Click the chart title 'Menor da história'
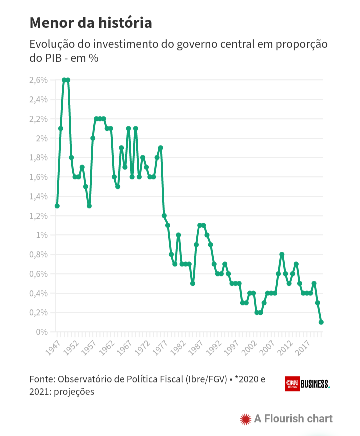click(91, 23)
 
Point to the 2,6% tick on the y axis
click(38, 80)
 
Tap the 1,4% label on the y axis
click(38, 196)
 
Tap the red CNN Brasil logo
click(292, 384)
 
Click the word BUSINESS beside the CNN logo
click(315, 384)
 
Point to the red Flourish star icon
click(245, 419)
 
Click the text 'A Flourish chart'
click(293, 419)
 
